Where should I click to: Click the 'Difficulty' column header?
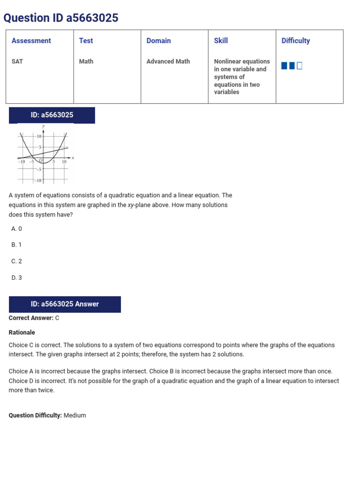point(295,41)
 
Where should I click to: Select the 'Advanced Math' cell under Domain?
point(168,61)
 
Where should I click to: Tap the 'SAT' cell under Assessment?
point(17,61)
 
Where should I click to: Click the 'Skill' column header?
point(221,41)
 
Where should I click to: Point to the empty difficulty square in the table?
point(300,66)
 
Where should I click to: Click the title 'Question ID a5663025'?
point(61,18)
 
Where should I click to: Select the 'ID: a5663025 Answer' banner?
point(65,304)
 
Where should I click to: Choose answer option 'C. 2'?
point(17,261)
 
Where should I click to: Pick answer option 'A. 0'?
point(17,229)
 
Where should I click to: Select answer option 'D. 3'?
point(17,277)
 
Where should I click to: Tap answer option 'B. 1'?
point(17,245)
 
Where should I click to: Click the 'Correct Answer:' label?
point(31,318)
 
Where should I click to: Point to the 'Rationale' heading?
point(22,332)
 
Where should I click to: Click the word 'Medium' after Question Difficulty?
point(75,415)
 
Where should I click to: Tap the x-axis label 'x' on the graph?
point(73,158)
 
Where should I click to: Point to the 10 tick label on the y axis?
point(39,136)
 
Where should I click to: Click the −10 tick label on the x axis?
point(22,162)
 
